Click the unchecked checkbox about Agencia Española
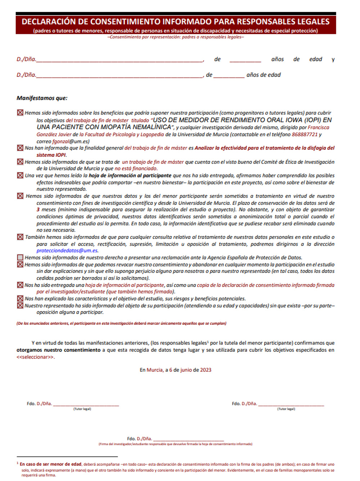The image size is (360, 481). [x=20, y=258]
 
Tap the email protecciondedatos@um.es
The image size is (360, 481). [x=67, y=251]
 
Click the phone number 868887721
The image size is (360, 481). [x=305, y=135]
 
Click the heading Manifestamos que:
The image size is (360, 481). [x=42, y=98]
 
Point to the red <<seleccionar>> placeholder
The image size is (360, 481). [x=35, y=357]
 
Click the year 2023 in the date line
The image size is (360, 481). [x=206, y=370]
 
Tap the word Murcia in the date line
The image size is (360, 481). [x=155, y=370]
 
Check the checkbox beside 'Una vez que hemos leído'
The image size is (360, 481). [x=20, y=176]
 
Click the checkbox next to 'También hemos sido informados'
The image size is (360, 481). [x=20, y=237]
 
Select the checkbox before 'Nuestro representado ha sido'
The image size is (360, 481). [x=20, y=305]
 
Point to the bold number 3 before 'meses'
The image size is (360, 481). [x=38, y=210]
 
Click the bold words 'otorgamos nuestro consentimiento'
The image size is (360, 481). [x=58, y=350]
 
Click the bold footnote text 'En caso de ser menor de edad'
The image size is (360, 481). [x=51, y=464]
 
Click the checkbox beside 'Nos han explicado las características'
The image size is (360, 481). [x=20, y=299]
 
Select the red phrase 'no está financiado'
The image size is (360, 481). [x=136, y=169]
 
